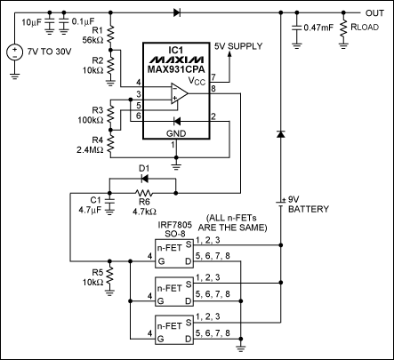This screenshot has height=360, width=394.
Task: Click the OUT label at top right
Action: pyautogui.click(x=374, y=13)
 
